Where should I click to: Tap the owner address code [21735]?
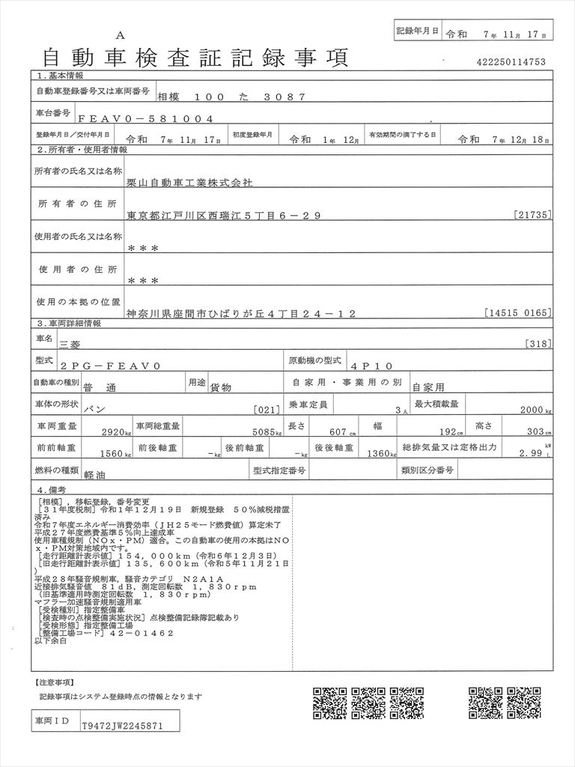[x=534, y=215]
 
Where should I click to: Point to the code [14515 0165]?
[x=518, y=312]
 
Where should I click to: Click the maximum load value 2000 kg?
[x=535, y=410]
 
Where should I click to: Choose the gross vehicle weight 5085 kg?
[x=266, y=431]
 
